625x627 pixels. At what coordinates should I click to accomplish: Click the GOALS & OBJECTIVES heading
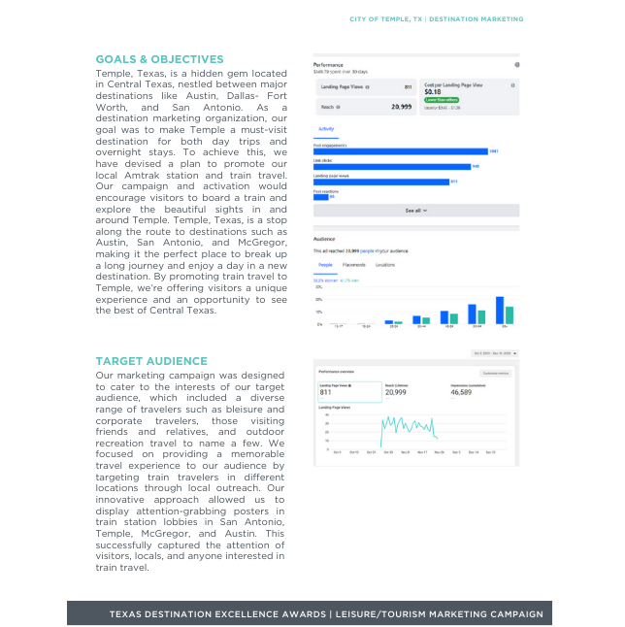[x=159, y=60]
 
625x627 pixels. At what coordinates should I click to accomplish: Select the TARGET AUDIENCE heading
[x=146, y=361]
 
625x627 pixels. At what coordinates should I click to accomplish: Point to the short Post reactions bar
[x=320, y=196]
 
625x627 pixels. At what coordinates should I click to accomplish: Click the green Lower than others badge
[x=442, y=100]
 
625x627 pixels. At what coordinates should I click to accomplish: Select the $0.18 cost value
[x=433, y=92]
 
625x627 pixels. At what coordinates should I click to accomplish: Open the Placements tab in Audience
[x=353, y=265]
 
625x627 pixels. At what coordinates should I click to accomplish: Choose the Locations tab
[x=385, y=265]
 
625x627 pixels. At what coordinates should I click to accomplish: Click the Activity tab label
[x=326, y=129]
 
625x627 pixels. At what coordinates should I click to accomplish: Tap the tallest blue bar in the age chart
[x=500, y=310]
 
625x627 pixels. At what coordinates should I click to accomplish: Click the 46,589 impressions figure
[x=461, y=392]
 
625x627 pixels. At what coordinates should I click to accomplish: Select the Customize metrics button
[x=497, y=373]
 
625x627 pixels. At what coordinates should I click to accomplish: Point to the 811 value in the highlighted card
[x=325, y=392]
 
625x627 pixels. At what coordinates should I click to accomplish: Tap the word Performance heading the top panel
[x=328, y=65]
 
